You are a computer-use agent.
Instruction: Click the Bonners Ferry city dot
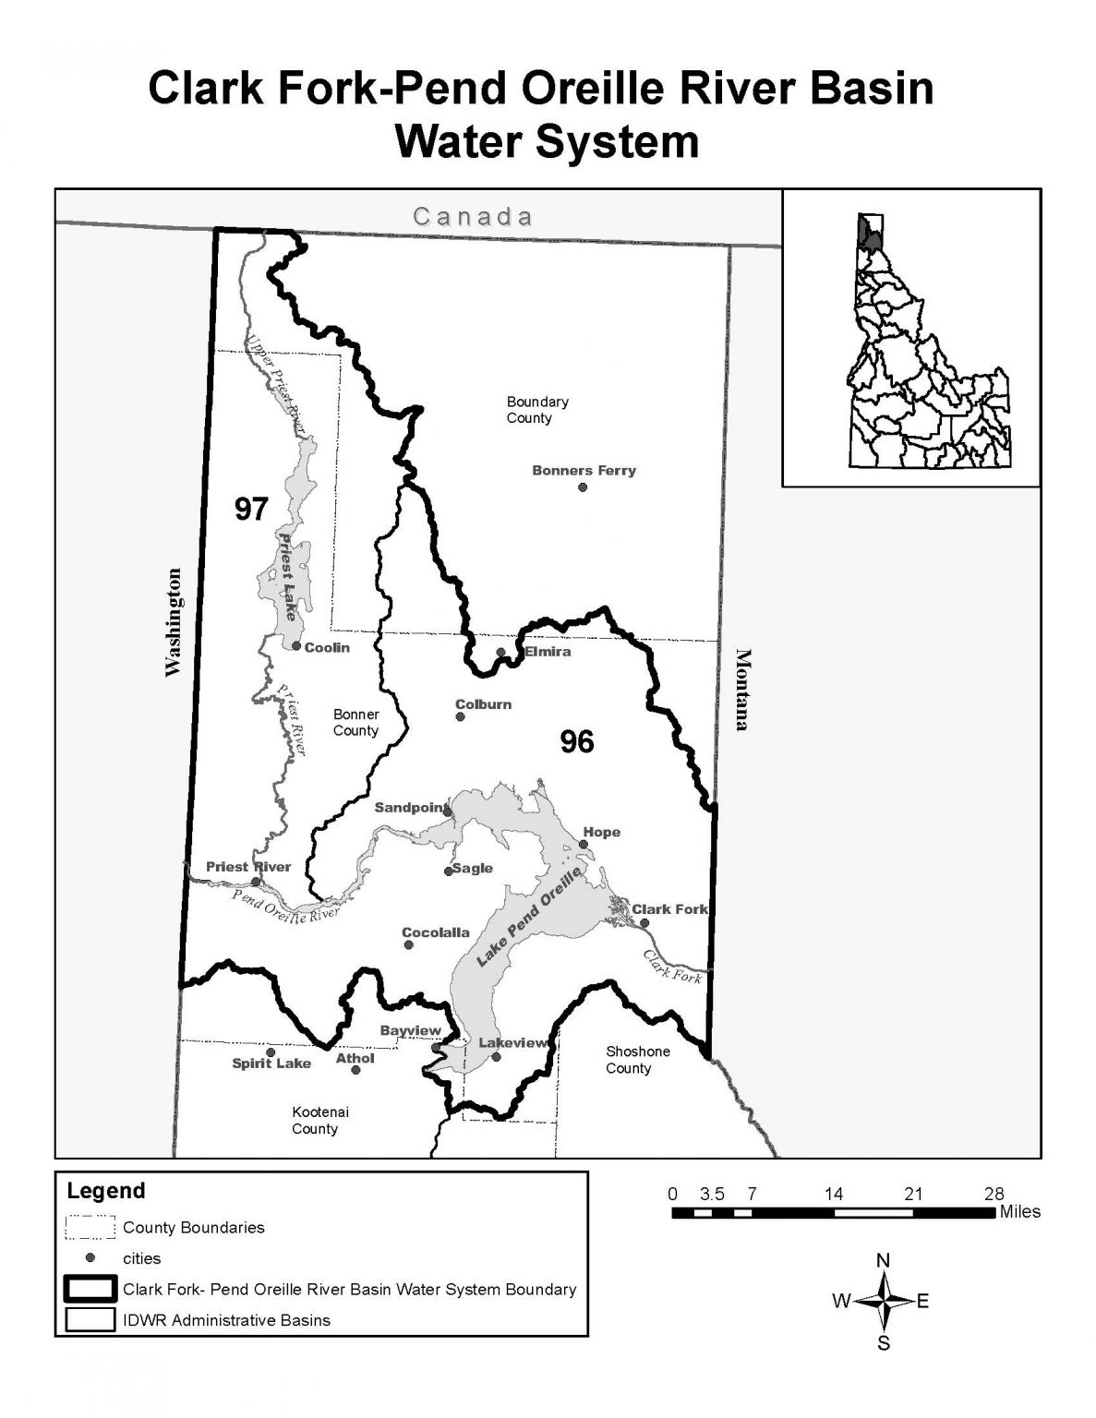(583, 487)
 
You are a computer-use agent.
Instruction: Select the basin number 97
(250, 509)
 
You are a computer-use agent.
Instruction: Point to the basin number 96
(577, 741)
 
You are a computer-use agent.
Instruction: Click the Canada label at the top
(473, 217)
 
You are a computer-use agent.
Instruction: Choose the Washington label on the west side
(174, 622)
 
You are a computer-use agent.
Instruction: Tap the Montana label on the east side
(741, 689)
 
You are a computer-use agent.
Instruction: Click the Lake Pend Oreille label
(531, 916)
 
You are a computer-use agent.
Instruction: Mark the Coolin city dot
(296, 646)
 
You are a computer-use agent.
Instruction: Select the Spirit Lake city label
(271, 1063)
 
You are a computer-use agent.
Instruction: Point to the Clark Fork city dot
(644, 922)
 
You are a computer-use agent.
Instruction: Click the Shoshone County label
(637, 1060)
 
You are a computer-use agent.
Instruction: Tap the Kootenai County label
(315, 1121)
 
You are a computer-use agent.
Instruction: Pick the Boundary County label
(536, 410)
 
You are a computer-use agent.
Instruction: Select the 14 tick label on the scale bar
(833, 1194)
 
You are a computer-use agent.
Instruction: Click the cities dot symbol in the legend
(90, 1257)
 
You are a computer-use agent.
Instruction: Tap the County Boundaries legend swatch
(90, 1228)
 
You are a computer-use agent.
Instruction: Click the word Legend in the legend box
(106, 1191)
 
